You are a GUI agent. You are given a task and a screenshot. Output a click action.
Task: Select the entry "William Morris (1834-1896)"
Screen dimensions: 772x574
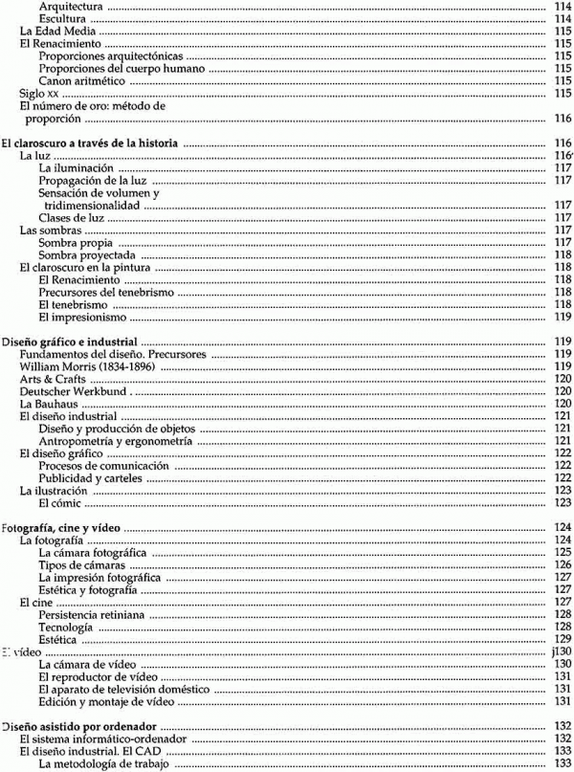79,366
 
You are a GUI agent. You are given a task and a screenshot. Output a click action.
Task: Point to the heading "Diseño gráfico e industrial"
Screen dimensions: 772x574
73,342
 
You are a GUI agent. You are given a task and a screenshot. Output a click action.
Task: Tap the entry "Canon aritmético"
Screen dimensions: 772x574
83,80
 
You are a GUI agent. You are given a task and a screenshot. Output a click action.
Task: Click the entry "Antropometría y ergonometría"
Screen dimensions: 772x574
116,441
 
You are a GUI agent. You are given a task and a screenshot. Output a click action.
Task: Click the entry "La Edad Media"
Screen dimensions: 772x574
54,31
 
